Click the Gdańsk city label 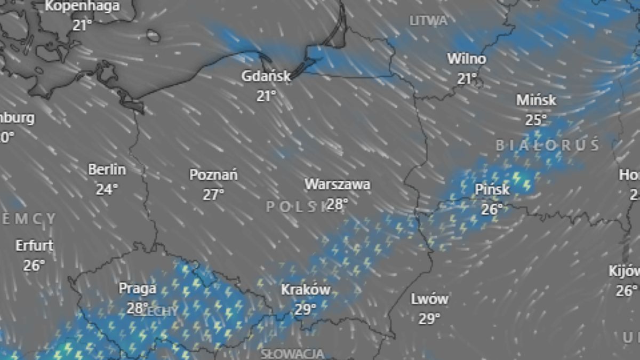point(266,76)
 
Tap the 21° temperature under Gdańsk point(266,95)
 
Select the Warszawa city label point(337,185)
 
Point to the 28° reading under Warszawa point(337,204)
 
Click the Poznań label point(213,175)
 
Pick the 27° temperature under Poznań point(213,195)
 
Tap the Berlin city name point(107,170)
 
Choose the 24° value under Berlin point(107,189)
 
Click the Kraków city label point(306,290)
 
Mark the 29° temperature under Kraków point(306,309)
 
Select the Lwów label point(429,299)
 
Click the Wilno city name point(467,59)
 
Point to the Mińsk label point(536,100)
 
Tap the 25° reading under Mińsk point(536,120)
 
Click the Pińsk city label point(492,189)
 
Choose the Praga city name point(138,289)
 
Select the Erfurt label point(34,245)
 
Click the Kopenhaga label point(82,6)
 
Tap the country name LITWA point(428,21)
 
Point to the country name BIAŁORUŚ point(548,145)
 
